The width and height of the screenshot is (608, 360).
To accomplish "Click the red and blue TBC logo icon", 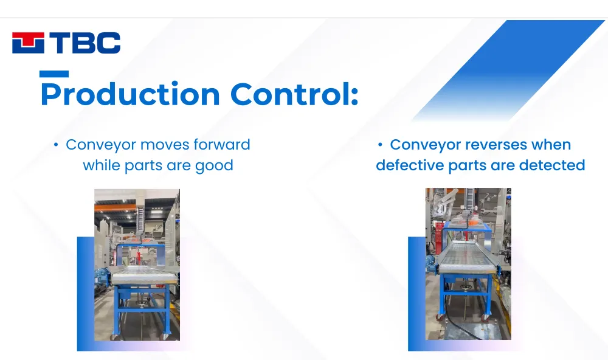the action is (x=28, y=43).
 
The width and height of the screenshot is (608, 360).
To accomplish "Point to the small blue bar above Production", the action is (x=54, y=74).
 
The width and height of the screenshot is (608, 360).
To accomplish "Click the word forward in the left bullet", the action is (x=222, y=145).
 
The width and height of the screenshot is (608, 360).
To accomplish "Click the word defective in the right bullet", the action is (x=410, y=165).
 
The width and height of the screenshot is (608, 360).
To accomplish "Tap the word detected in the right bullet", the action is (x=552, y=165).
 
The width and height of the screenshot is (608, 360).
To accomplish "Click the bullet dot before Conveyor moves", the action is (x=56, y=145).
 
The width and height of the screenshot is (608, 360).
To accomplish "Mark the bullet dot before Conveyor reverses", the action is (x=381, y=145).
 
